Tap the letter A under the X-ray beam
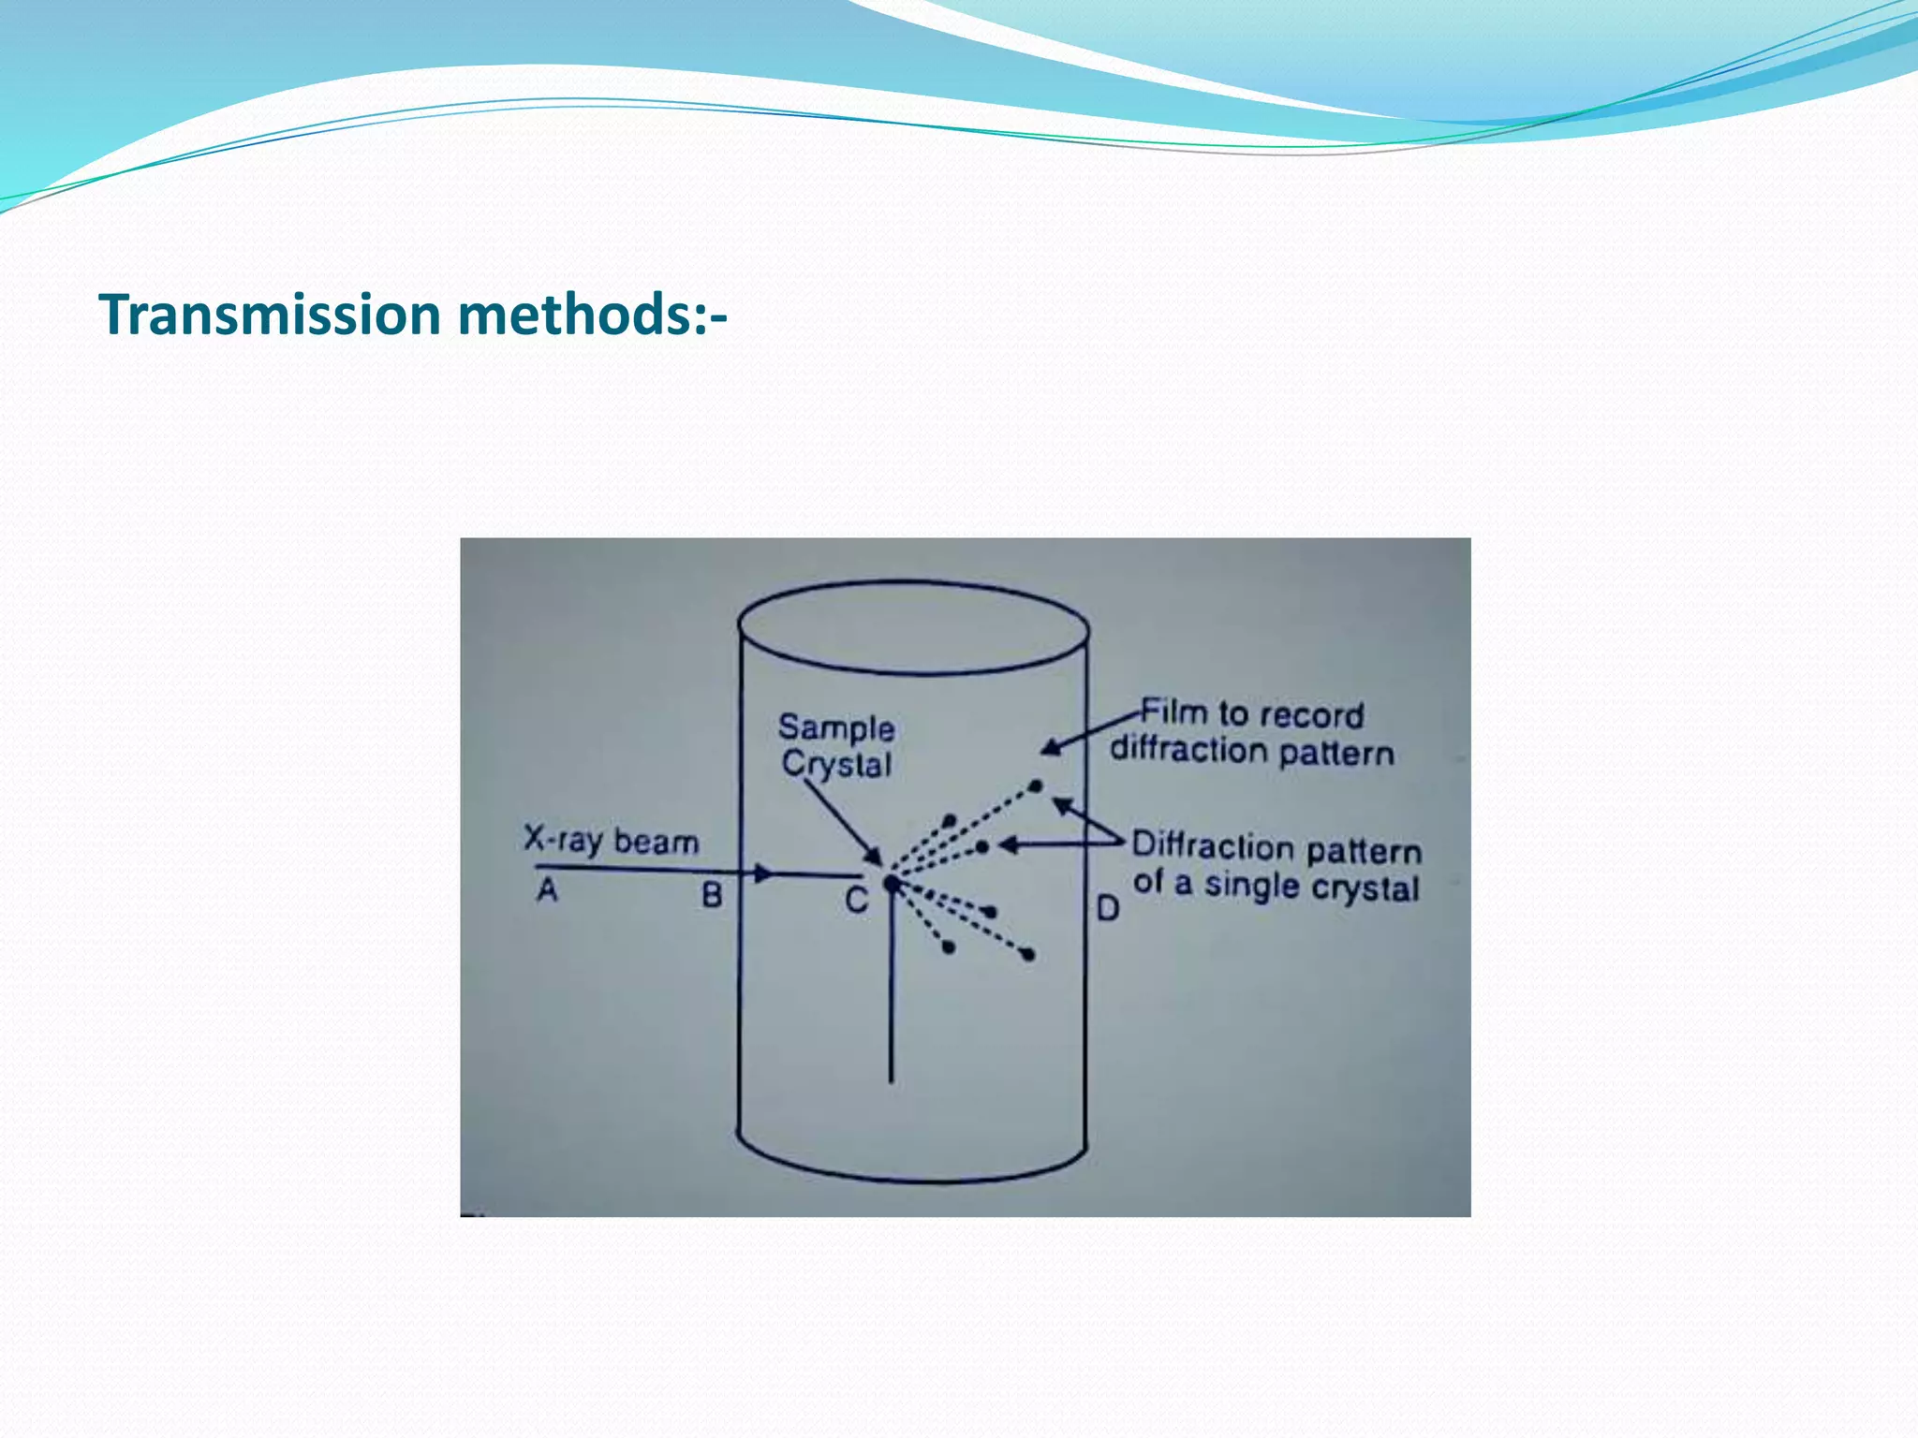[548, 889]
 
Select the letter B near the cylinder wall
[712, 896]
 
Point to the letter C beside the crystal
[856, 901]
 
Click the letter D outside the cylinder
[1108, 907]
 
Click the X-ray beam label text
[611, 840]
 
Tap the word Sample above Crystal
[836, 727]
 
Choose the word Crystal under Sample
[836, 764]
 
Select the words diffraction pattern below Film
[1252, 751]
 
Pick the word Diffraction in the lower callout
[1214, 845]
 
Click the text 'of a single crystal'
[1276, 886]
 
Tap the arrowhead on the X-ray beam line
[764, 874]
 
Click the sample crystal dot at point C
[891, 883]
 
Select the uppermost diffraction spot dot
[1036, 786]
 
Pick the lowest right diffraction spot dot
[1028, 955]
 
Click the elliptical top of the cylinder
[913, 627]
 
